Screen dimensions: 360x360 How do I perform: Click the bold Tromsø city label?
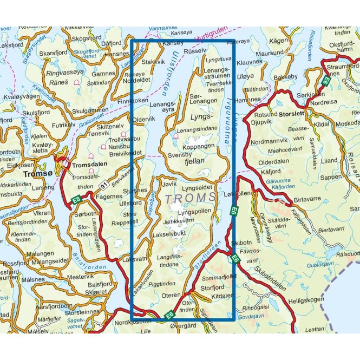(36, 174)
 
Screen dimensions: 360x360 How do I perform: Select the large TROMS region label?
(189, 199)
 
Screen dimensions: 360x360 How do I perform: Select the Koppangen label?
(200, 147)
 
